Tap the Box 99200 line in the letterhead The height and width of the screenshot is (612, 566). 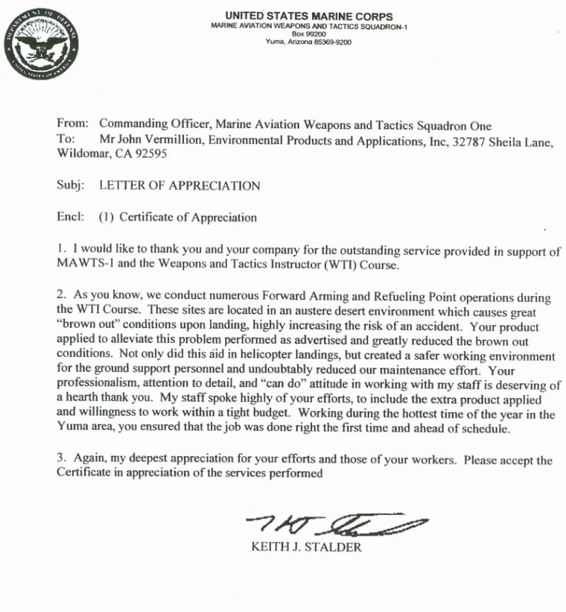pyautogui.click(x=308, y=34)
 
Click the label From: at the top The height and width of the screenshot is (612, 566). pyautogui.click(x=72, y=124)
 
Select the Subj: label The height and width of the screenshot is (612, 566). pyautogui.click(x=71, y=186)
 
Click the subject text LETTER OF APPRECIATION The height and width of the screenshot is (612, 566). pyautogui.click(x=179, y=186)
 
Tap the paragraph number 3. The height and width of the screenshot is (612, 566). pyautogui.click(x=60, y=461)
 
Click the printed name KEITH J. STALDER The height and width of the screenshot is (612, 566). pyautogui.click(x=307, y=548)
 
